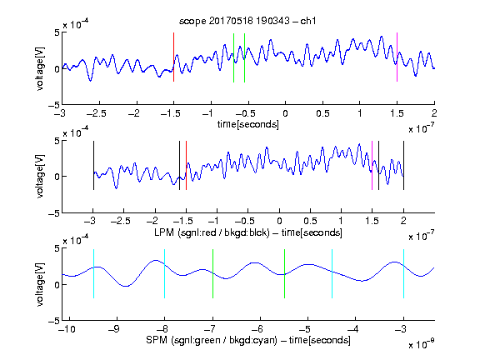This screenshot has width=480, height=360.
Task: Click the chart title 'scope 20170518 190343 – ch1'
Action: click(247, 21)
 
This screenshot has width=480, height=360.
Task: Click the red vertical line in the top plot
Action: click(173, 57)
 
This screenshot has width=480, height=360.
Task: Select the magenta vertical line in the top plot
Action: click(397, 57)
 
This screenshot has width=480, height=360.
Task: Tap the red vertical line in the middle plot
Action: click(186, 165)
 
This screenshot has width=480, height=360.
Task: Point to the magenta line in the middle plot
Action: click(372, 165)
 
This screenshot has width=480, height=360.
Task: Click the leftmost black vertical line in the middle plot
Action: click(93, 165)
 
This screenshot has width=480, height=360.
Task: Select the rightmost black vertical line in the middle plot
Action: click(403, 165)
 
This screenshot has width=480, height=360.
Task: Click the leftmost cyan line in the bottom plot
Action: click(93, 273)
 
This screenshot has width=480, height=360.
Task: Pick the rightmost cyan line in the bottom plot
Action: click(403, 273)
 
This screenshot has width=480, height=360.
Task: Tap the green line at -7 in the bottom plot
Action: click(212, 273)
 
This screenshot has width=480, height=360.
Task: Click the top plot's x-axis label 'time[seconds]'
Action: click(248, 124)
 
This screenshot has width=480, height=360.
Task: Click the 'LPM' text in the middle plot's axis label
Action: click(164, 232)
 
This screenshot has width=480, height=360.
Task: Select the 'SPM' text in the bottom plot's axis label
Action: click(157, 340)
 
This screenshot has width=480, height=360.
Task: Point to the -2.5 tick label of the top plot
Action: click(97, 113)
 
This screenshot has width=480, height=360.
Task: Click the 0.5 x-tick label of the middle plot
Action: click(310, 221)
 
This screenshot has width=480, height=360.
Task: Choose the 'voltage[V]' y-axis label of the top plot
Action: click(40, 68)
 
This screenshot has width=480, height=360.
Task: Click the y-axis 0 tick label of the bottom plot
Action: click(57, 285)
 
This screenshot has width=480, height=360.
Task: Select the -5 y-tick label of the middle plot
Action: click(54, 213)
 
